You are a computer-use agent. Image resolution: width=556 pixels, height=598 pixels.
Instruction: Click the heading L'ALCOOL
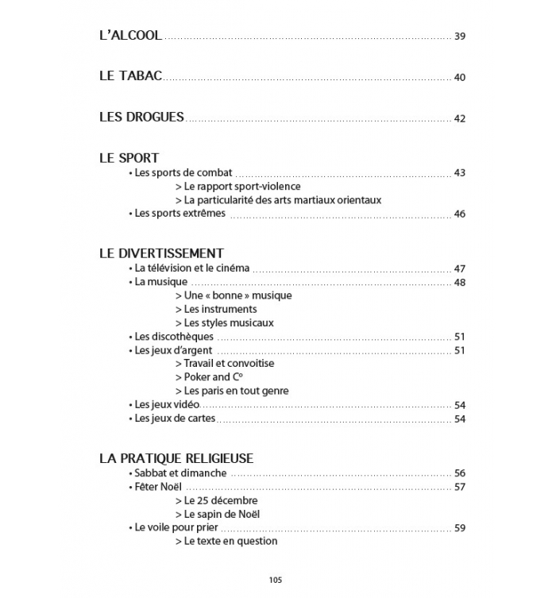click(x=130, y=36)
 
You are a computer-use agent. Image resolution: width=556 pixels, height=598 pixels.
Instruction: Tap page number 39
click(x=460, y=37)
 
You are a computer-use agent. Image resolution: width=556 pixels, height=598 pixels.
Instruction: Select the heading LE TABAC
click(x=131, y=76)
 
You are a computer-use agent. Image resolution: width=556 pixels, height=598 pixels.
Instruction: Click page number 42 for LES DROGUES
click(x=460, y=118)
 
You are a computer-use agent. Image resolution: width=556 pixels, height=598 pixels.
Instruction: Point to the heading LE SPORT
click(x=129, y=158)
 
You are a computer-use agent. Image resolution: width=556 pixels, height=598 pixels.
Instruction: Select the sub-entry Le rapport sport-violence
click(x=237, y=187)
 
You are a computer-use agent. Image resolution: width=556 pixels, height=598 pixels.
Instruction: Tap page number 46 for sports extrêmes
click(x=460, y=214)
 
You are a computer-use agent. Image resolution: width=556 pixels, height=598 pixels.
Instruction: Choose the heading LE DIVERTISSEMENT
click(x=161, y=254)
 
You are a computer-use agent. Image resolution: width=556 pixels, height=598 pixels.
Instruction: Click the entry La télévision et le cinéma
click(x=192, y=269)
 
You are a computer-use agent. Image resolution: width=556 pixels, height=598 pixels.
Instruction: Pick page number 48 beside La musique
click(x=460, y=283)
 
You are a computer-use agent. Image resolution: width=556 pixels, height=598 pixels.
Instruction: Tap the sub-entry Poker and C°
click(x=207, y=377)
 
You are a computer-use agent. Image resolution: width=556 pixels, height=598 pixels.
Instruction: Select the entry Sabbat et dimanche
click(x=180, y=473)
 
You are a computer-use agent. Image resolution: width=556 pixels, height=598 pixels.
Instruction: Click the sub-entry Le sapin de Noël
click(x=218, y=514)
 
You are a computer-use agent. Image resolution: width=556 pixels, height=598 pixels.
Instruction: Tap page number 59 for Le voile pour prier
click(x=460, y=528)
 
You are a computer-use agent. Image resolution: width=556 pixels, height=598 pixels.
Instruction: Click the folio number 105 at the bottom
click(x=276, y=579)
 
